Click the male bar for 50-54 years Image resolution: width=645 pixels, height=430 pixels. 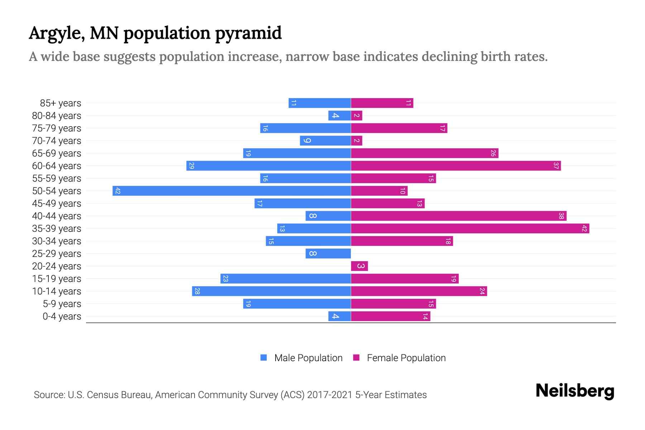(231, 191)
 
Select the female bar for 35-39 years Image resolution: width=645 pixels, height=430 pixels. (470, 228)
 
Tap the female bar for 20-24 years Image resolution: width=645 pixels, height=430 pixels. (359, 266)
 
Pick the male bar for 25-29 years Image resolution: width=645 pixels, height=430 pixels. (328, 253)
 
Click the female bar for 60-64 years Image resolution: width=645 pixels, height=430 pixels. (456, 166)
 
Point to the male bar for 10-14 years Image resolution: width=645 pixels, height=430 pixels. (271, 291)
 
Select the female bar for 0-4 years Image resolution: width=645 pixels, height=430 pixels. (390, 316)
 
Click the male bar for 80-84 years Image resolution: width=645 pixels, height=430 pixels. (339, 115)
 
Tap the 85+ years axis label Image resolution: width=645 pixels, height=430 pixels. (61, 103)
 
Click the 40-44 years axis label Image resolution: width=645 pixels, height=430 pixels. (57, 216)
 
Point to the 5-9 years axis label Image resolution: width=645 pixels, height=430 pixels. (62, 304)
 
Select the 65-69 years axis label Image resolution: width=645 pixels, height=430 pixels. (57, 153)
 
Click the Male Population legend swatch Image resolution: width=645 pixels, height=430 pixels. (264, 358)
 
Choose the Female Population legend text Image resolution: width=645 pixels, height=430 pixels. (406, 358)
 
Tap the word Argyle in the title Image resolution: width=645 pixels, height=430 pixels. (56, 33)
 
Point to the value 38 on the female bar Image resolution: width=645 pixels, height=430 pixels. (561, 216)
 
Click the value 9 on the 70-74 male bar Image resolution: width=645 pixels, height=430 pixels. (307, 140)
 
